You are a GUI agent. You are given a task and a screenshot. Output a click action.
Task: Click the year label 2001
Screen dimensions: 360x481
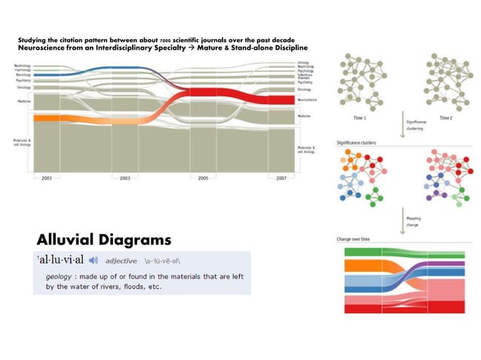tap(47, 178)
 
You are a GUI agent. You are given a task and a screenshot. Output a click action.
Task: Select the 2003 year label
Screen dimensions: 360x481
tap(124, 178)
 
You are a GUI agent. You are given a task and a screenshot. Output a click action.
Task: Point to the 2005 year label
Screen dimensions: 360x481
tap(202, 178)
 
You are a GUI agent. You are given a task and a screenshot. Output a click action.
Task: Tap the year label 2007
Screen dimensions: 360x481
tap(280, 178)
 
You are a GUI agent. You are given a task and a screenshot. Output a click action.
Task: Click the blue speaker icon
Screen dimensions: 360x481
tap(93, 261)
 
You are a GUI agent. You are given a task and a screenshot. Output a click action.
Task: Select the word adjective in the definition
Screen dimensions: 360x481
tap(121, 261)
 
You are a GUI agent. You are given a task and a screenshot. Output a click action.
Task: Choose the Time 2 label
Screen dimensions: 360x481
tap(446, 118)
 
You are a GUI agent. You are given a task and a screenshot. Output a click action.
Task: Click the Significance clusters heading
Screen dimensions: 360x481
tap(357, 142)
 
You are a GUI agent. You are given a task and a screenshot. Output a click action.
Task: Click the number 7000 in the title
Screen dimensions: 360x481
tap(164, 39)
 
